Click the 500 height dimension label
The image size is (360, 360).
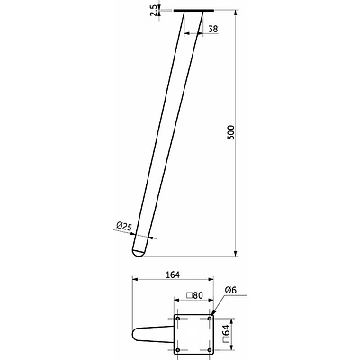pyautogui.click(x=230, y=132)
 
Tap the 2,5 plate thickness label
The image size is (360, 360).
pyautogui.click(x=154, y=10)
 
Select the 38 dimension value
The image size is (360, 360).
pyautogui.click(x=213, y=29)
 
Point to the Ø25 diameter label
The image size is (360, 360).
pyautogui.click(x=124, y=226)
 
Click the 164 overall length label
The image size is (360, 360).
pyautogui.click(x=173, y=274)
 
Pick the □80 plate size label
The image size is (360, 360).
pyautogui.click(x=194, y=295)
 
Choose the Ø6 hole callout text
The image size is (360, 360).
pyautogui.click(x=230, y=290)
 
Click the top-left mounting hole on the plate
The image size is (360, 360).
pyautogui.click(x=178, y=319)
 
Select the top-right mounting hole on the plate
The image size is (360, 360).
pyautogui.click(x=210, y=319)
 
